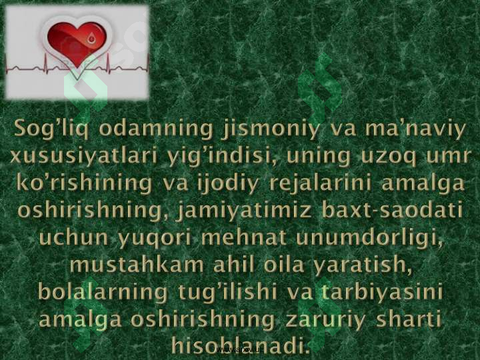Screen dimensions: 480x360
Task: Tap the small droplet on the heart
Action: [91, 39]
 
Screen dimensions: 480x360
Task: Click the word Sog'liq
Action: [51, 129]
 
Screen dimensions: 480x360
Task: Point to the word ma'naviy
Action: [415, 129]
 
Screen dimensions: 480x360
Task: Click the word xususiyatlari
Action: [83, 156]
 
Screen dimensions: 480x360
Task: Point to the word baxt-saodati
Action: [392, 211]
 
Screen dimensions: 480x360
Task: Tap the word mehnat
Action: [244, 238]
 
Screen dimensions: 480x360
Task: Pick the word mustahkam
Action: [136, 265]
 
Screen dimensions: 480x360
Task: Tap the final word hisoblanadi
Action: [239, 345]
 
